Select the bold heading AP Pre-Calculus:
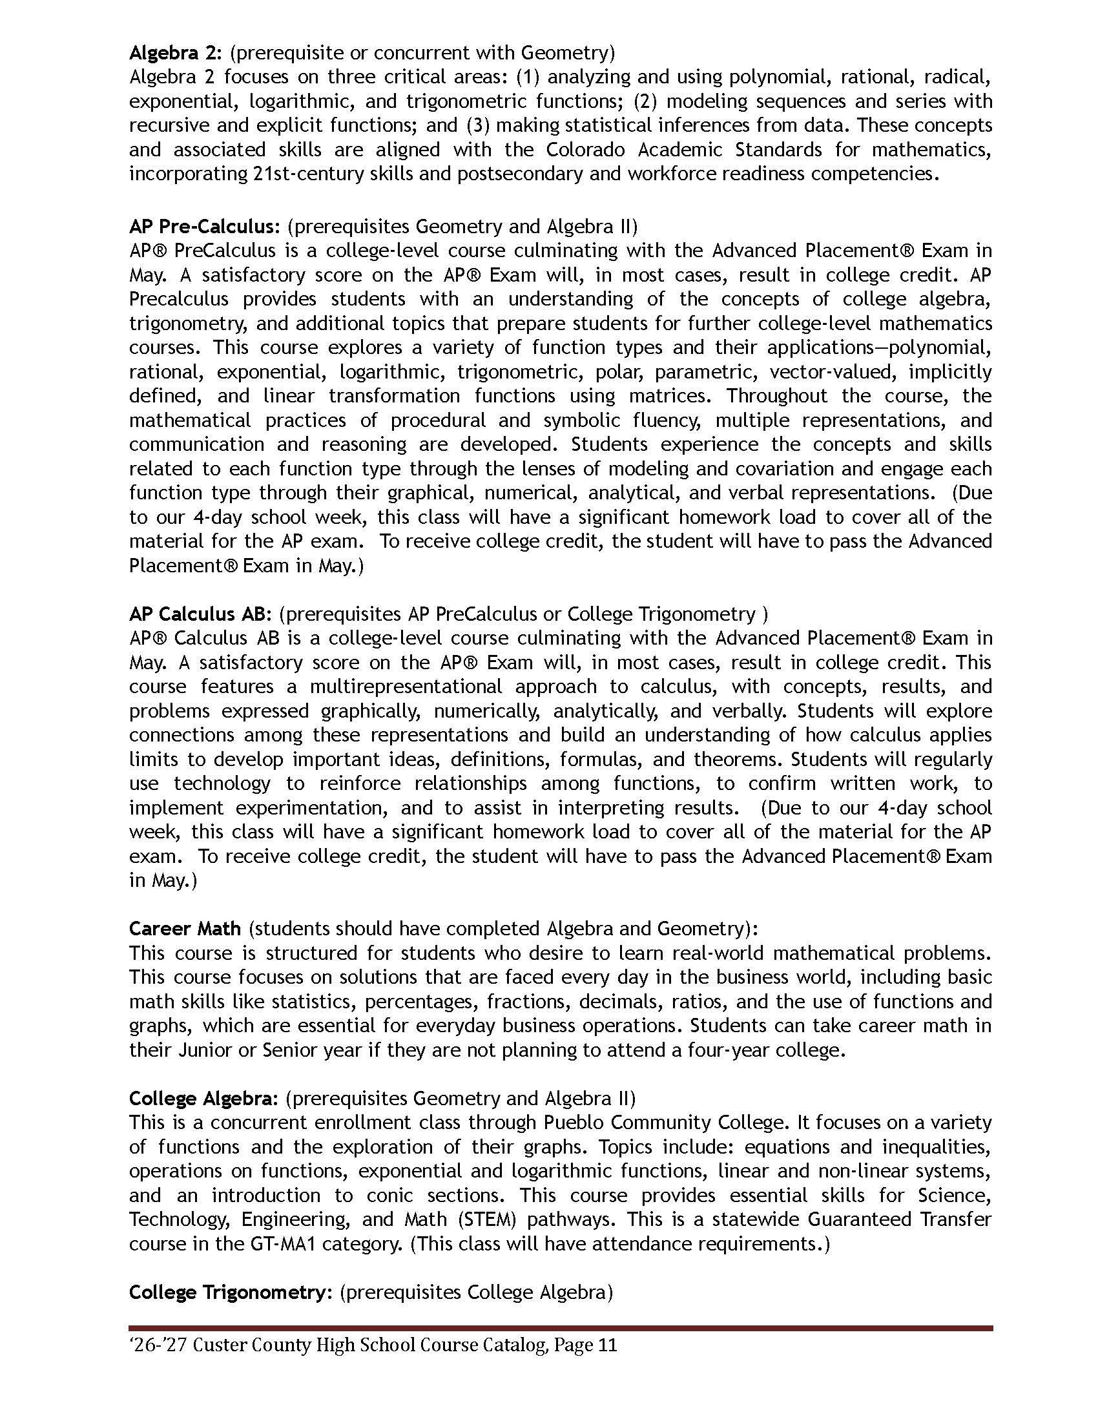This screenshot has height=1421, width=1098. tap(204, 227)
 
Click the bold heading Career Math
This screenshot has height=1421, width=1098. tap(185, 928)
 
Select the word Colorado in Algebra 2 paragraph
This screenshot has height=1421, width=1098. tap(585, 150)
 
